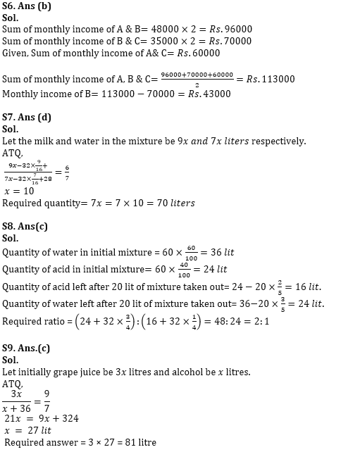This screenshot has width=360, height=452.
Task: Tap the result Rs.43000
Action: pyautogui.click(x=207, y=94)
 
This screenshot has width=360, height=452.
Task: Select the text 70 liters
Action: pyautogui.click(x=172, y=203)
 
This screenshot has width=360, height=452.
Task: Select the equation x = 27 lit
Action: pyautogui.click(x=27, y=430)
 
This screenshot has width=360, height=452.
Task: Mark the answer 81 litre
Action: pyautogui.click(x=138, y=443)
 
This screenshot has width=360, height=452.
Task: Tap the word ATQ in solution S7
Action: pyautogui.click(x=12, y=153)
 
